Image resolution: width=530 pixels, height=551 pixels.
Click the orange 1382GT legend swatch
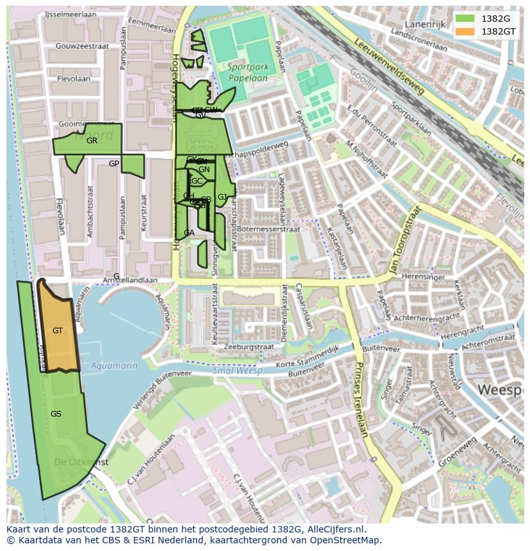465,31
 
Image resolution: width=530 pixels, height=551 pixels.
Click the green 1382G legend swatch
465,19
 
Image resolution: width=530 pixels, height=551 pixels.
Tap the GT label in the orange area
58,331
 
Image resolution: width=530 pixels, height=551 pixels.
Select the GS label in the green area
56,414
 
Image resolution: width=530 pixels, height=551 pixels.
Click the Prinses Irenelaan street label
360,399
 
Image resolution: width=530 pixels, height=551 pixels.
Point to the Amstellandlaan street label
131,280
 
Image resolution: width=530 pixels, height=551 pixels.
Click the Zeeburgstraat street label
248,346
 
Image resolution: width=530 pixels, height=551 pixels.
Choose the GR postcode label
92,141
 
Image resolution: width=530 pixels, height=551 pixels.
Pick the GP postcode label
114,164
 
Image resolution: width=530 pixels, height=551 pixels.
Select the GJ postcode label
222,197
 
